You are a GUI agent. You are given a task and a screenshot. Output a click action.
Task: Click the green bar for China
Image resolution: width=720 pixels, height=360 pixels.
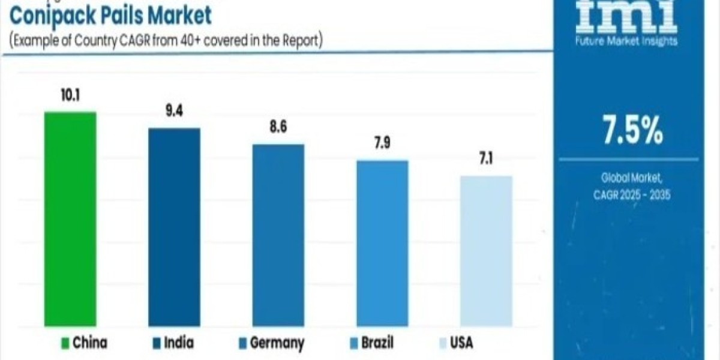point(70,219)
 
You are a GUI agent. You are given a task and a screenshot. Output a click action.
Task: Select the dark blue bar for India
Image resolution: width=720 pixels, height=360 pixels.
point(174,227)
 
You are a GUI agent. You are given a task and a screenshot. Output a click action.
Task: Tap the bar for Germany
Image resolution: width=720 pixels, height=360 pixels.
point(278,235)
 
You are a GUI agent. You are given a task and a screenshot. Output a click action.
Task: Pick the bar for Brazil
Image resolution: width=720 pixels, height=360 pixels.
point(382,243)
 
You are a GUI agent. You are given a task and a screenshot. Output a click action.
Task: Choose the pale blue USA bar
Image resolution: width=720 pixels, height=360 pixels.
point(486,251)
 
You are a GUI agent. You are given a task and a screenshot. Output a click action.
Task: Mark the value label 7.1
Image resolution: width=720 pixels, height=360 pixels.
point(486,161)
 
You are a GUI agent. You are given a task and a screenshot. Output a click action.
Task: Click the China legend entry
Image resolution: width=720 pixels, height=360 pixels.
point(85,343)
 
